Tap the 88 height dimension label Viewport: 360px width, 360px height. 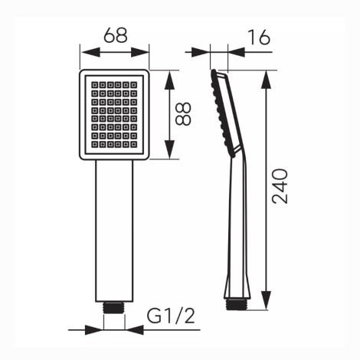[183, 114]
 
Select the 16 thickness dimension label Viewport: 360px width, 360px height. [259, 38]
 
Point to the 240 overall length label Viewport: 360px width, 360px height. [280, 186]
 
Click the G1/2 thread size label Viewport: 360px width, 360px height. [171, 316]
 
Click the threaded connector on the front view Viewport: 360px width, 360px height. [114, 308]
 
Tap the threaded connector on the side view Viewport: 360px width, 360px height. [237, 304]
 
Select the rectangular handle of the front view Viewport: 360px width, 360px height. [114, 231]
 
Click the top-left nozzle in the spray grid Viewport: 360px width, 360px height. [95, 85]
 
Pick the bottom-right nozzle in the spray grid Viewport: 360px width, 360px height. [133, 145]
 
